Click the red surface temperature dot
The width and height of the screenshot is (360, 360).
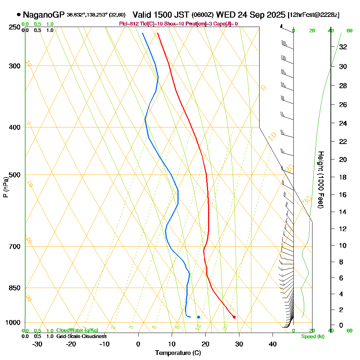[x=234, y=317]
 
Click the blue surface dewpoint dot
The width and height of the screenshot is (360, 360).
[x=198, y=317]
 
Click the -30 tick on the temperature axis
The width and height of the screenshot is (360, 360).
[x=37, y=344]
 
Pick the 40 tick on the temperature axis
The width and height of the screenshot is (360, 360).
[x=273, y=344]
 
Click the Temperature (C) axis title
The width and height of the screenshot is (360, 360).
[x=178, y=353]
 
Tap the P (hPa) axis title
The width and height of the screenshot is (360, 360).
[x=5, y=187]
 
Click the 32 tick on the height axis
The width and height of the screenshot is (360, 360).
[x=343, y=46]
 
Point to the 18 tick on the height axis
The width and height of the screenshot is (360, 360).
[x=343, y=177]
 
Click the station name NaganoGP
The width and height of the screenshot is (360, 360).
[x=43, y=15]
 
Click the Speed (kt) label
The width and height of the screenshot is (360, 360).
[x=312, y=337]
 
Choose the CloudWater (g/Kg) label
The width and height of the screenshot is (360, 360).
[x=77, y=330]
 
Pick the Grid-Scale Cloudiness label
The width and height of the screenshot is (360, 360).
[x=81, y=336]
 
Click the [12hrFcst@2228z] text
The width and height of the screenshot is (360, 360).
[x=314, y=15]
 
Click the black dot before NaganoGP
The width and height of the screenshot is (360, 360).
[x=18, y=15]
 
